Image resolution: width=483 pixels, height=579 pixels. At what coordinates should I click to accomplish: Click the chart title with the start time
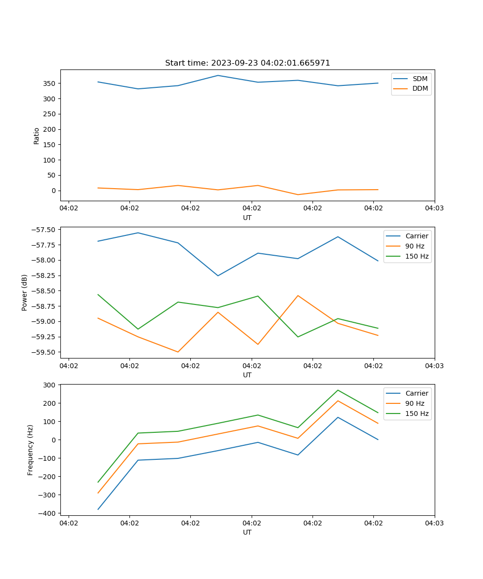(x=247, y=63)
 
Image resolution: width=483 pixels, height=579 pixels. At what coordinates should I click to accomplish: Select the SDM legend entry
(x=419, y=79)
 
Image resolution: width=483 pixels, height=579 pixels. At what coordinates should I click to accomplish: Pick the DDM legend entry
(x=420, y=88)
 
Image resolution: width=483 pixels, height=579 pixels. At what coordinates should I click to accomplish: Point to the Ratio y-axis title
(x=37, y=136)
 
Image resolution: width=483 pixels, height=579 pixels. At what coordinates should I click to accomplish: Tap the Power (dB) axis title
(x=25, y=292)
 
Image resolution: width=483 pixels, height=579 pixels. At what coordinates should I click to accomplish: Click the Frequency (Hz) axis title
(x=30, y=450)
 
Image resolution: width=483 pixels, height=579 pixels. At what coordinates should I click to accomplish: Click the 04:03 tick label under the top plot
(x=434, y=208)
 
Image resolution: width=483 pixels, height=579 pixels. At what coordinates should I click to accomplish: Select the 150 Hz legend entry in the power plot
(x=416, y=256)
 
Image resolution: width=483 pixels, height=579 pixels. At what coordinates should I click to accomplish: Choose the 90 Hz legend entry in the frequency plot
(x=414, y=403)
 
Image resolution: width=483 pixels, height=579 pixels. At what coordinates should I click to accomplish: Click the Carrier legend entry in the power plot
(x=416, y=236)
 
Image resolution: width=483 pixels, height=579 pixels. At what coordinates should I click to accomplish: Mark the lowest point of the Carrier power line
(x=218, y=276)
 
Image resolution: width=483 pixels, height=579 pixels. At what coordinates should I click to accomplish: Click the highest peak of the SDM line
(x=218, y=75)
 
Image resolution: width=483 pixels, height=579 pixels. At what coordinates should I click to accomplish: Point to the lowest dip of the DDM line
(x=298, y=194)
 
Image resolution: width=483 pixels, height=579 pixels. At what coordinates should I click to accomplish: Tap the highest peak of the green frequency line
(x=338, y=390)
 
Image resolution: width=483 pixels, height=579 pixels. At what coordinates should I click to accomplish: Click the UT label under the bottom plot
(x=247, y=532)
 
